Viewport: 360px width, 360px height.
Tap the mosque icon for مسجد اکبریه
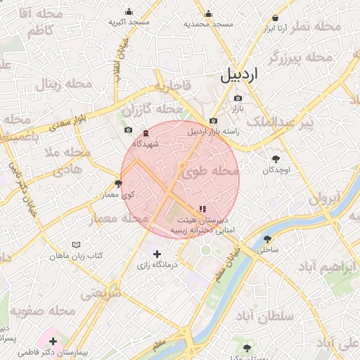129,11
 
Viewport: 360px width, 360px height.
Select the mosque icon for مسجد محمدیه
207,13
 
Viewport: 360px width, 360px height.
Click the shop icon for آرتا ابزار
274,18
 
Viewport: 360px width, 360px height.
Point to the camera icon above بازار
238,98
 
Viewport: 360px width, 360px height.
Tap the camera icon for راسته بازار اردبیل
213,120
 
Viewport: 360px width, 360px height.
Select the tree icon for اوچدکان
276,159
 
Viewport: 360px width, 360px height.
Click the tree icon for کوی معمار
118,184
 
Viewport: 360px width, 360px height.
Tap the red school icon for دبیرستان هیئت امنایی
202,209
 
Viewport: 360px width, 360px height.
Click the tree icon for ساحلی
266,238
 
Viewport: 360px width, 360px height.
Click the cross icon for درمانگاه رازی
157,254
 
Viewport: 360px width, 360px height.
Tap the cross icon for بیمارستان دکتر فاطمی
53,341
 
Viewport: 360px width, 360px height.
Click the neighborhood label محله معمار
118,219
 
